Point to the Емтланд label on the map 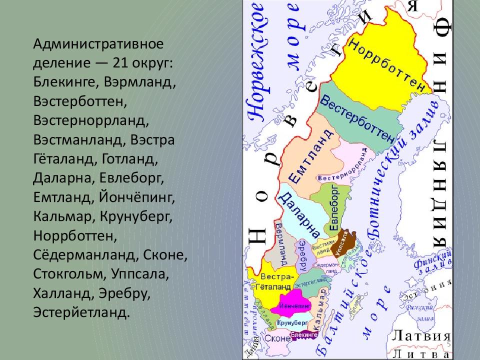coord(310,155)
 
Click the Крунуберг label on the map coord(290,323)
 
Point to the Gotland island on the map coord(356,304)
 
